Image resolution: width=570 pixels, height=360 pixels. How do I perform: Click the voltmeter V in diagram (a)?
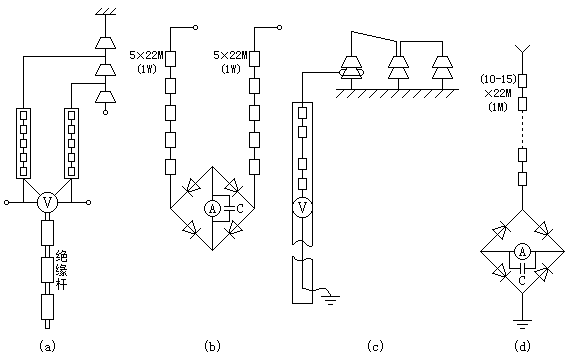(x=48, y=202)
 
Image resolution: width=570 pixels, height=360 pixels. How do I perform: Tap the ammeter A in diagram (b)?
(x=212, y=208)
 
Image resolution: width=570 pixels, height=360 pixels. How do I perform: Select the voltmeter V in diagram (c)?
(x=302, y=208)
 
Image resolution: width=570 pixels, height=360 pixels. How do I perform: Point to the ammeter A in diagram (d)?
(x=522, y=251)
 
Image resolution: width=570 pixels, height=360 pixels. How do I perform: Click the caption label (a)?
(x=47, y=345)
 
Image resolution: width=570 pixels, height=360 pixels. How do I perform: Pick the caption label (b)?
(x=212, y=345)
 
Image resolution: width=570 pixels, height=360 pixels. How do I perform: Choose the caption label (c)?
(x=375, y=345)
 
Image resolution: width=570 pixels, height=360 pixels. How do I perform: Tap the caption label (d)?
(x=522, y=345)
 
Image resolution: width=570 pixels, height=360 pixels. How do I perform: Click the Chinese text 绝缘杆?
(x=61, y=271)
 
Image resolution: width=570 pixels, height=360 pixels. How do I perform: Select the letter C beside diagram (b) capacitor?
(x=240, y=209)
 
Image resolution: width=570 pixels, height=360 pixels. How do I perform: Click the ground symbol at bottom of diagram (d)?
(x=522, y=323)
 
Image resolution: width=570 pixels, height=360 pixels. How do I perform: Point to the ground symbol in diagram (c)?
(x=330, y=300)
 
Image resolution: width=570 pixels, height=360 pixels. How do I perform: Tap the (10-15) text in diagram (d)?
(x=498, y=79)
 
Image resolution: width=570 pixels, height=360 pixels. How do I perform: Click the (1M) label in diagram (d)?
(x=498, y=107)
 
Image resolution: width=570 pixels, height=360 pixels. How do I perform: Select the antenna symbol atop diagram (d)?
(x=522, y=50)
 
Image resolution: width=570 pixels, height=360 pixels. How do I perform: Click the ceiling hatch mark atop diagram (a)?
(x=105, y=11)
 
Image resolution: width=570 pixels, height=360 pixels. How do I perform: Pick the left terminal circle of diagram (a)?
(x=7, y=202)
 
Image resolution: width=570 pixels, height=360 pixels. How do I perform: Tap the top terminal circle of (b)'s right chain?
(x=279, y=27)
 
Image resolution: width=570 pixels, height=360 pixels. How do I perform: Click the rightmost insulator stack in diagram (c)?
(x=442, y=68)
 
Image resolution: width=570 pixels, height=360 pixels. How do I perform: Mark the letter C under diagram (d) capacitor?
(x=522, y=280)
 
